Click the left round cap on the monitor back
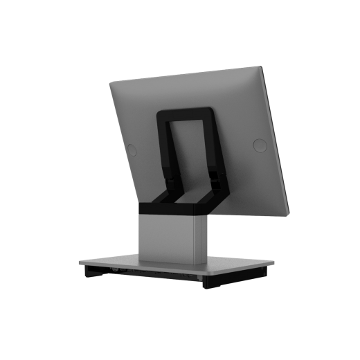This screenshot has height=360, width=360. [x=131, y=147]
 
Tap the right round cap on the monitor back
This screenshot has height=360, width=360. [x=260, y=145]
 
